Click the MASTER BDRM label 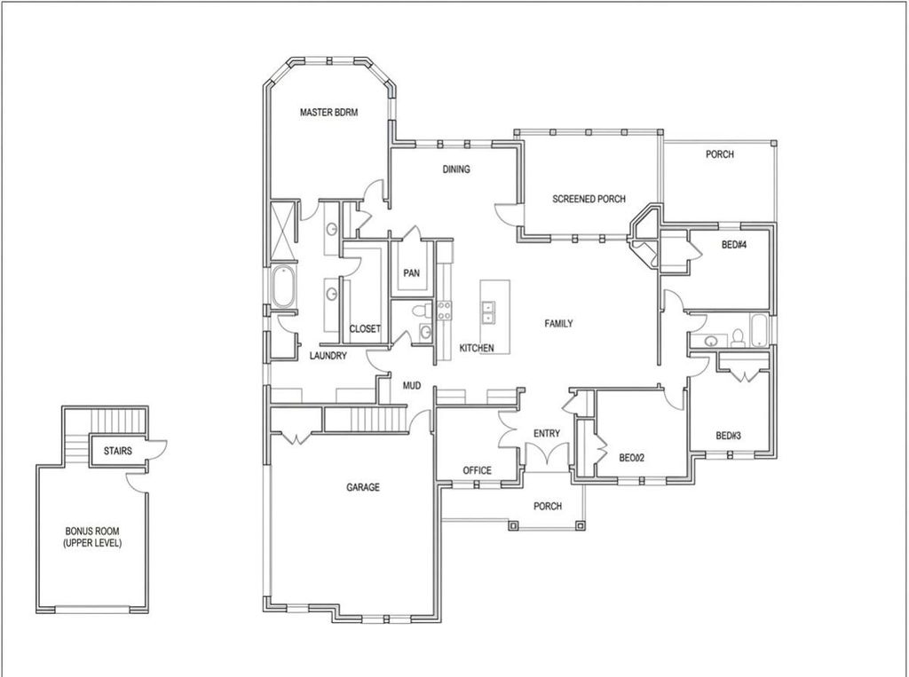click(x=328, y=113)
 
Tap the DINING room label click(x=456, y=169)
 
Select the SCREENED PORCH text click(x=589, y=199)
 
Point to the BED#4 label click(x=734, y=245)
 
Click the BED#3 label click(x=728, y=436)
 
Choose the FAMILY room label click(x=559, y=324)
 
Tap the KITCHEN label click(x=477, y=348)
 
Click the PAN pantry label click(x=412, y=273)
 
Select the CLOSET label click(x=365, y=328)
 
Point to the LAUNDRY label click(x=328, y=355)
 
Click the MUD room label click(x=412, y=385)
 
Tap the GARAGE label click(x=363, y=487)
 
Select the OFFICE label click(x=477, y=470)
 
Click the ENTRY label click(x=547, y=433)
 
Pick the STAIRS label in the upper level click(x=118, y=451)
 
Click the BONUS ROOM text click(x=92, y=531)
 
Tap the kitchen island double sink click(x=488, y=311)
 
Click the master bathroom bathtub click(x=283, y=287)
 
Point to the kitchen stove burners click(x=444, y=310)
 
